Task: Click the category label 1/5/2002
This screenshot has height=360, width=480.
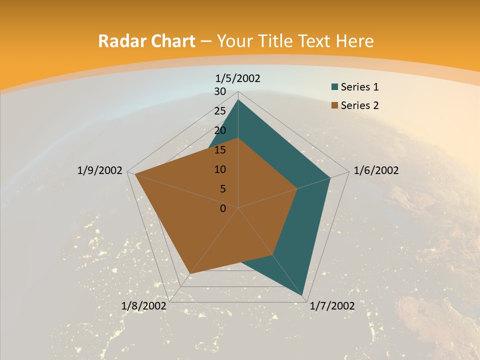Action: (x=237, y=78)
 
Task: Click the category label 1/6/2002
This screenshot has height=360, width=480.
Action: (x=376, y=170)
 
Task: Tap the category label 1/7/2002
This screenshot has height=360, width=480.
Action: (x=332, y=306)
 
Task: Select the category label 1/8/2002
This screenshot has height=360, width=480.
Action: (x=144, y=306)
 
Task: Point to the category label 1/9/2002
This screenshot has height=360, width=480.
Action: (x=99, y=170)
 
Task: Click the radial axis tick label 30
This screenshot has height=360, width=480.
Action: (x=220, y=91)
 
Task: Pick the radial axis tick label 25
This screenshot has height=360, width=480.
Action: (x=220, y=111)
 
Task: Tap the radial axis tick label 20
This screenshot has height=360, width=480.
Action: (x=220, y=130)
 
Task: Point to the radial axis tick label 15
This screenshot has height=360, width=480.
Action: (x=220, y=150)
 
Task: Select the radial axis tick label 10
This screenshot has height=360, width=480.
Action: (x=220, y=169)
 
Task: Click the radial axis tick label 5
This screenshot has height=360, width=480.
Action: (x=222, y=189)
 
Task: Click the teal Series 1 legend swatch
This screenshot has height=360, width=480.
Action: (x=334, y=87)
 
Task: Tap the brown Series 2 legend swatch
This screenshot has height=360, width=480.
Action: (x=334, y=105)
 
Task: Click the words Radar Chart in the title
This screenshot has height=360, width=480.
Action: (x=146, y=41)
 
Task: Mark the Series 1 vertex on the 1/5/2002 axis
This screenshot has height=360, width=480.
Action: (x=238, y=99)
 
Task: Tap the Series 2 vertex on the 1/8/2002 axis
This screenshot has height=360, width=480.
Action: (x=190, y=273)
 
